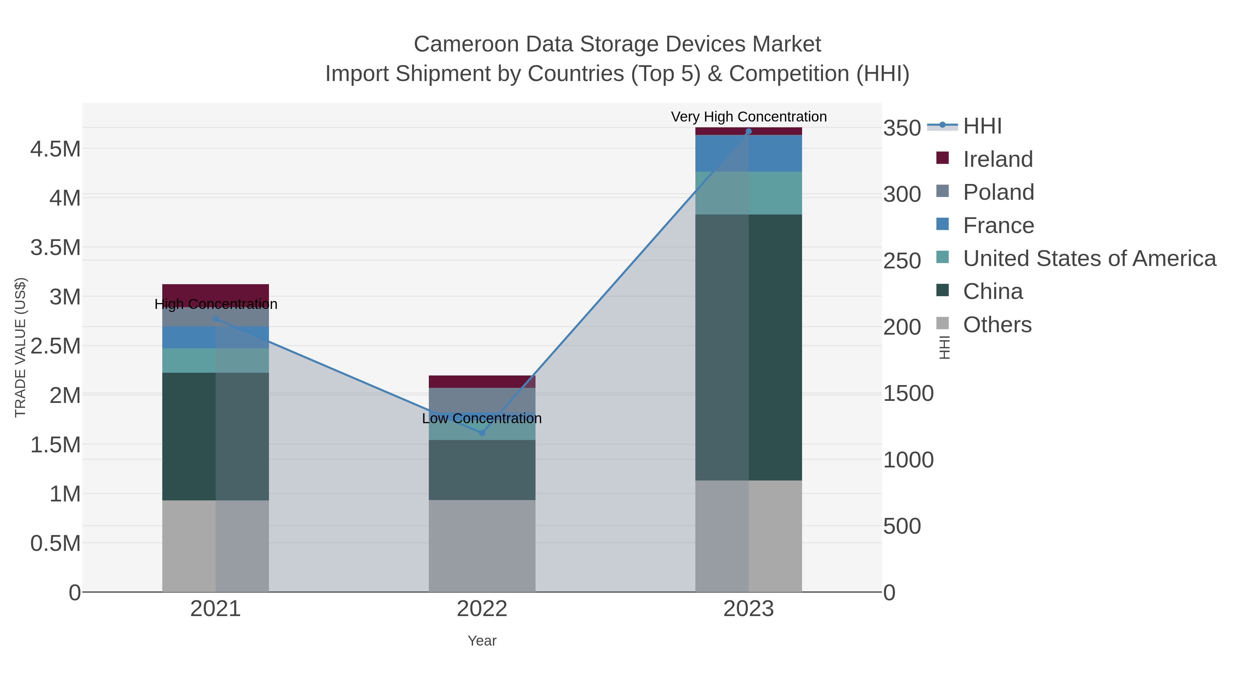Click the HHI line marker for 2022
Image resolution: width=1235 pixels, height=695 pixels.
click(x=482, y=433)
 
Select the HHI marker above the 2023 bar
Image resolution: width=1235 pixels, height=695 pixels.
click(x=749, y=131)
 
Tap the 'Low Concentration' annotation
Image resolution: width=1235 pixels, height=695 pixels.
click(x=482, y=418)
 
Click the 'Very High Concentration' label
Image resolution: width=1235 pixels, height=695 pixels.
click(x=749, y=117)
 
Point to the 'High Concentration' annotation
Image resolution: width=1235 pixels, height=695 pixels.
click(x=216, y=304)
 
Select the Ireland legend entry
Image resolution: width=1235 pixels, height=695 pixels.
click(x=998, y=159)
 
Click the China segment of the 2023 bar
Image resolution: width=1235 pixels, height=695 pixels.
click(x=749, y=347)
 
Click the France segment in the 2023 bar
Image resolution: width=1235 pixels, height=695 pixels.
click(x=749, y=153)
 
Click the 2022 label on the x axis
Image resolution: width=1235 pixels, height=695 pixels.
click(x=482, y=609)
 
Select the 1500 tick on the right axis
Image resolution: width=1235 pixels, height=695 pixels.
click(x=908, y=393)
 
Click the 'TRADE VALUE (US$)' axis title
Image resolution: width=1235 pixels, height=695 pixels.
click(x=20, y=347)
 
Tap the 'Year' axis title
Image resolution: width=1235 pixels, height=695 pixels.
click(x=482, y=641)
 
